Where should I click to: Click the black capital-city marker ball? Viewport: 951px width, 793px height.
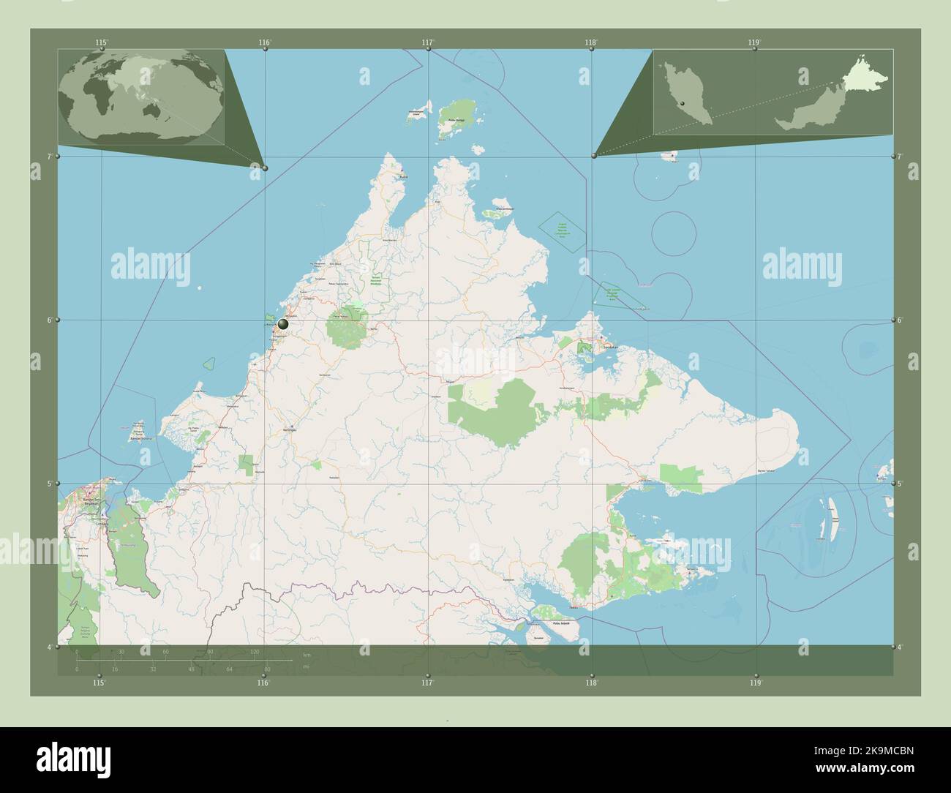point(283,323)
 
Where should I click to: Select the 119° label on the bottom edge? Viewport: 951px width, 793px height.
point(756,683)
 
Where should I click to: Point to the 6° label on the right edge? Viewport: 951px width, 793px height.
point(899,320)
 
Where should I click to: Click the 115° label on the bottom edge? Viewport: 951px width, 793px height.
point(99,683)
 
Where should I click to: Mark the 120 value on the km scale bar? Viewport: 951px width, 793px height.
point(255,651)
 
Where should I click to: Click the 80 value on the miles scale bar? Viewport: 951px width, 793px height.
point(268,669)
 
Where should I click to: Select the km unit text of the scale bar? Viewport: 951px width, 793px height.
point(307,653)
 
